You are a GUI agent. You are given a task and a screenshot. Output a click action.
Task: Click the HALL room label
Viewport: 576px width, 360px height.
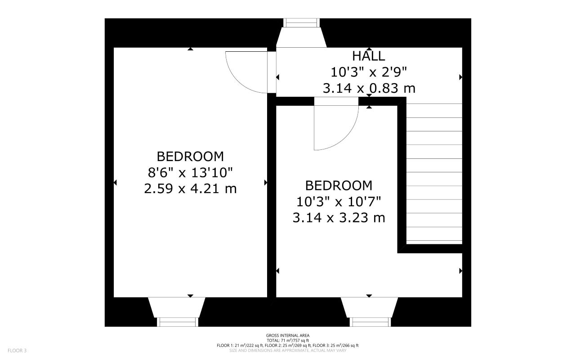pyautogui.click(x=369, y=56)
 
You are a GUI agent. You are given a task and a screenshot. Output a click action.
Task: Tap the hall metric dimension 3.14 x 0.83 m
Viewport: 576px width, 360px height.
pyautogui.click(x=369, y=88)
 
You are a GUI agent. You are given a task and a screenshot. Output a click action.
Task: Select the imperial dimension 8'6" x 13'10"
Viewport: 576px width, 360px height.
pyautogui.click(x=190, y=172)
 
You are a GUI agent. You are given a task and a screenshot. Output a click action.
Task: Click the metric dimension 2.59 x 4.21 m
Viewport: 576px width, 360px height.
pyautogui.click(x=190, y=189)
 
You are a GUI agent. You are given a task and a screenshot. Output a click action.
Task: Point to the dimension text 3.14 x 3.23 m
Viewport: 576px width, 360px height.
pyautogui.click(x=339, y=218)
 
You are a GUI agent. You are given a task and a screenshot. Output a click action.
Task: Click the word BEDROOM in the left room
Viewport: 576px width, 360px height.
pyautogui.click(x=190, y=157)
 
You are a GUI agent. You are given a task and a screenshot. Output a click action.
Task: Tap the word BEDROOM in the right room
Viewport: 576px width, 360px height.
pyautogui.click(x=339, y=185)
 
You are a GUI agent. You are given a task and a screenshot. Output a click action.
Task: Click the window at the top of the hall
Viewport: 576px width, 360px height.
pyautogui.click(x=301, y=23)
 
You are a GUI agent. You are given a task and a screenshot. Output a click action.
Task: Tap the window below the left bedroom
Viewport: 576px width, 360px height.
pyautogui.click(x=177, y=322)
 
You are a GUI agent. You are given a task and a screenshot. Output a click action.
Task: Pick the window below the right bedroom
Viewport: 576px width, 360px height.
pyautogui.click(x=370, y=322)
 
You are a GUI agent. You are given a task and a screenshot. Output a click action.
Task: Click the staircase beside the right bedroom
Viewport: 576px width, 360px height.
pyautogui.click(x=434, y=173)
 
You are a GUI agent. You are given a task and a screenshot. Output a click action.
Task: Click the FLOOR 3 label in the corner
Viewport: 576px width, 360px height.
pyautogui.click(x=17, y=350)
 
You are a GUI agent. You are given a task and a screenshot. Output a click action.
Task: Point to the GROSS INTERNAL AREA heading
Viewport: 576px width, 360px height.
pyautogui.click(x=287, y=335)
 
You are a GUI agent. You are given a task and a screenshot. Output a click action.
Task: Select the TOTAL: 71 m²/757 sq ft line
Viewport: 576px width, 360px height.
pyautogui.click(x=287, y=340)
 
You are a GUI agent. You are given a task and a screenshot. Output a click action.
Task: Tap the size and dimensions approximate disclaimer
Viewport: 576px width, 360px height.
pyautogui.click(x=287, y=350)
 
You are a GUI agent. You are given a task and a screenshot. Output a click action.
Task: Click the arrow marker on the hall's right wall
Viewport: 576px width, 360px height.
pyautogui.click(x=460, y=77)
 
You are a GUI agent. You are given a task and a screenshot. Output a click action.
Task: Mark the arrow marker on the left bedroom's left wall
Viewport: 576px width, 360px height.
pyautogui.click(x=115, y=182)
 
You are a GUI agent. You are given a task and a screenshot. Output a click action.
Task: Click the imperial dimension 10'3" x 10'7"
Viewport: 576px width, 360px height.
pyautogui.click(x=339, y=202)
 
